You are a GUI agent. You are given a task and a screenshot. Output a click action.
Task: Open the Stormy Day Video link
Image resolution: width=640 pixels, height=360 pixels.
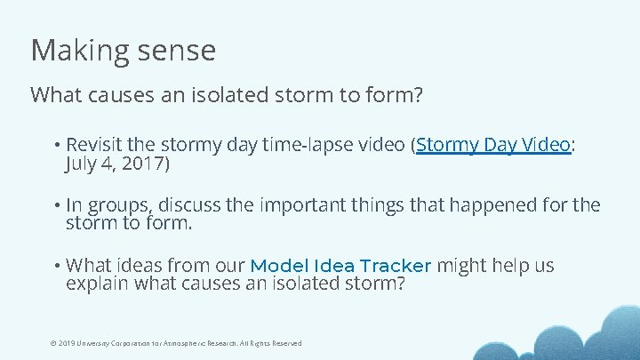point(492,145)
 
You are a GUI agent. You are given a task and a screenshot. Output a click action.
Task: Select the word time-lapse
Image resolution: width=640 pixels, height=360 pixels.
point(292,145)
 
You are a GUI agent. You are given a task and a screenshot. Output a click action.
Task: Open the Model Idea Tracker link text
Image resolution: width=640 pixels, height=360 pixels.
point(340,266)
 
